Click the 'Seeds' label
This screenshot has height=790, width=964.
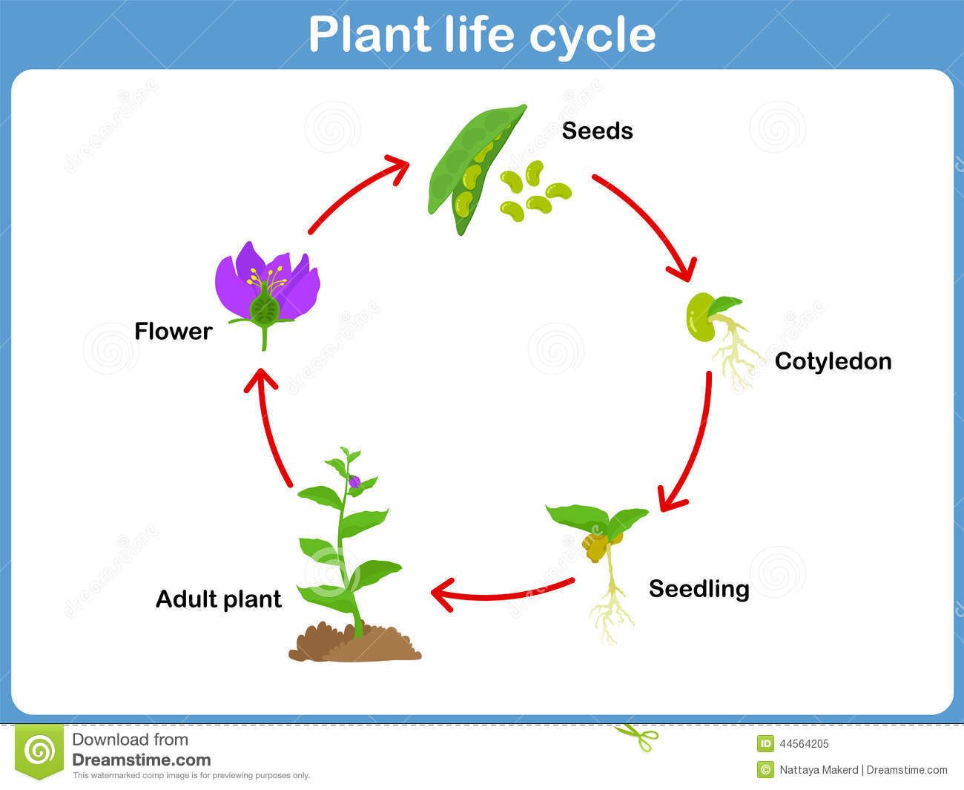597,131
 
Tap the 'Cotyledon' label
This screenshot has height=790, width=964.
833,361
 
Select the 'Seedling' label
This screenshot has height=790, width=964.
699,588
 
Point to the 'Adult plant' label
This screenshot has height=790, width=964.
219,599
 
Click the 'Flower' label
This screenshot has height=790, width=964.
173,331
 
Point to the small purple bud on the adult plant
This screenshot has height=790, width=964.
354,482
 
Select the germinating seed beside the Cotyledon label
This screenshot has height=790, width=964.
703,317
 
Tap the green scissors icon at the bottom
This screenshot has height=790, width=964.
636,736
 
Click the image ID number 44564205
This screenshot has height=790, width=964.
804,744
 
